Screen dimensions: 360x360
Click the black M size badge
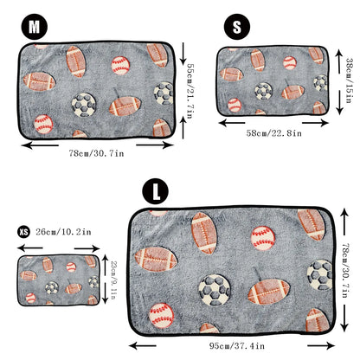pyautogui.click(x=35, y=27)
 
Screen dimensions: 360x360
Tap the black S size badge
pyautogui.click(x=238, y=27)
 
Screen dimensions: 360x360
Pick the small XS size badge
pyautogui.click(x=23, y=232)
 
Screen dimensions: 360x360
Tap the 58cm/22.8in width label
pyautogui.click(x=273, y=132)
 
